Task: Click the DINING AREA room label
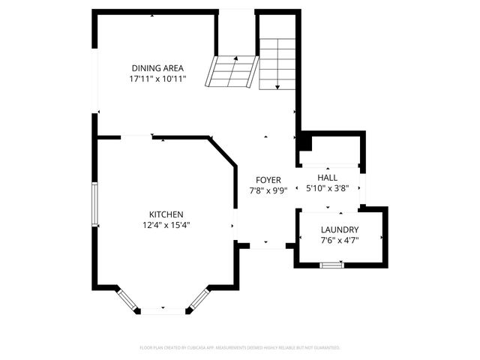(x=157, y=67)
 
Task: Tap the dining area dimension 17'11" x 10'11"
(x=157, y=78)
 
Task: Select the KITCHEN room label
(x=166, y=214)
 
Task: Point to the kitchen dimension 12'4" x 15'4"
(x=166, y=225)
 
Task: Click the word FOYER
(x=268, y=180)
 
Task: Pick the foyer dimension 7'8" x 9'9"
(x=268, y=190)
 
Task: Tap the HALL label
(x=328, y=177)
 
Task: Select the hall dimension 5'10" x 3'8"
(x=328, y=188)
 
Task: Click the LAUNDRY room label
(x=340, y=229)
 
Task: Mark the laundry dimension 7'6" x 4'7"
(x=340, y=241)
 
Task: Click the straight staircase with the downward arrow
(x=277, y=64)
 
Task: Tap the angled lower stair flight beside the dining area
(x=233, y=72)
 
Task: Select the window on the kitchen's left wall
(x=94, y=203)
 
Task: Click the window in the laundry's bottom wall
(x=331, y=265)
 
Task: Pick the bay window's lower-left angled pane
(x=127, y=299)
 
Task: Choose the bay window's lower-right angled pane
(x=198, y=298)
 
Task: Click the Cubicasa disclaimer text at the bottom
(x=240, y=348)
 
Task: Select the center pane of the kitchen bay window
(x=163, y=310)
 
